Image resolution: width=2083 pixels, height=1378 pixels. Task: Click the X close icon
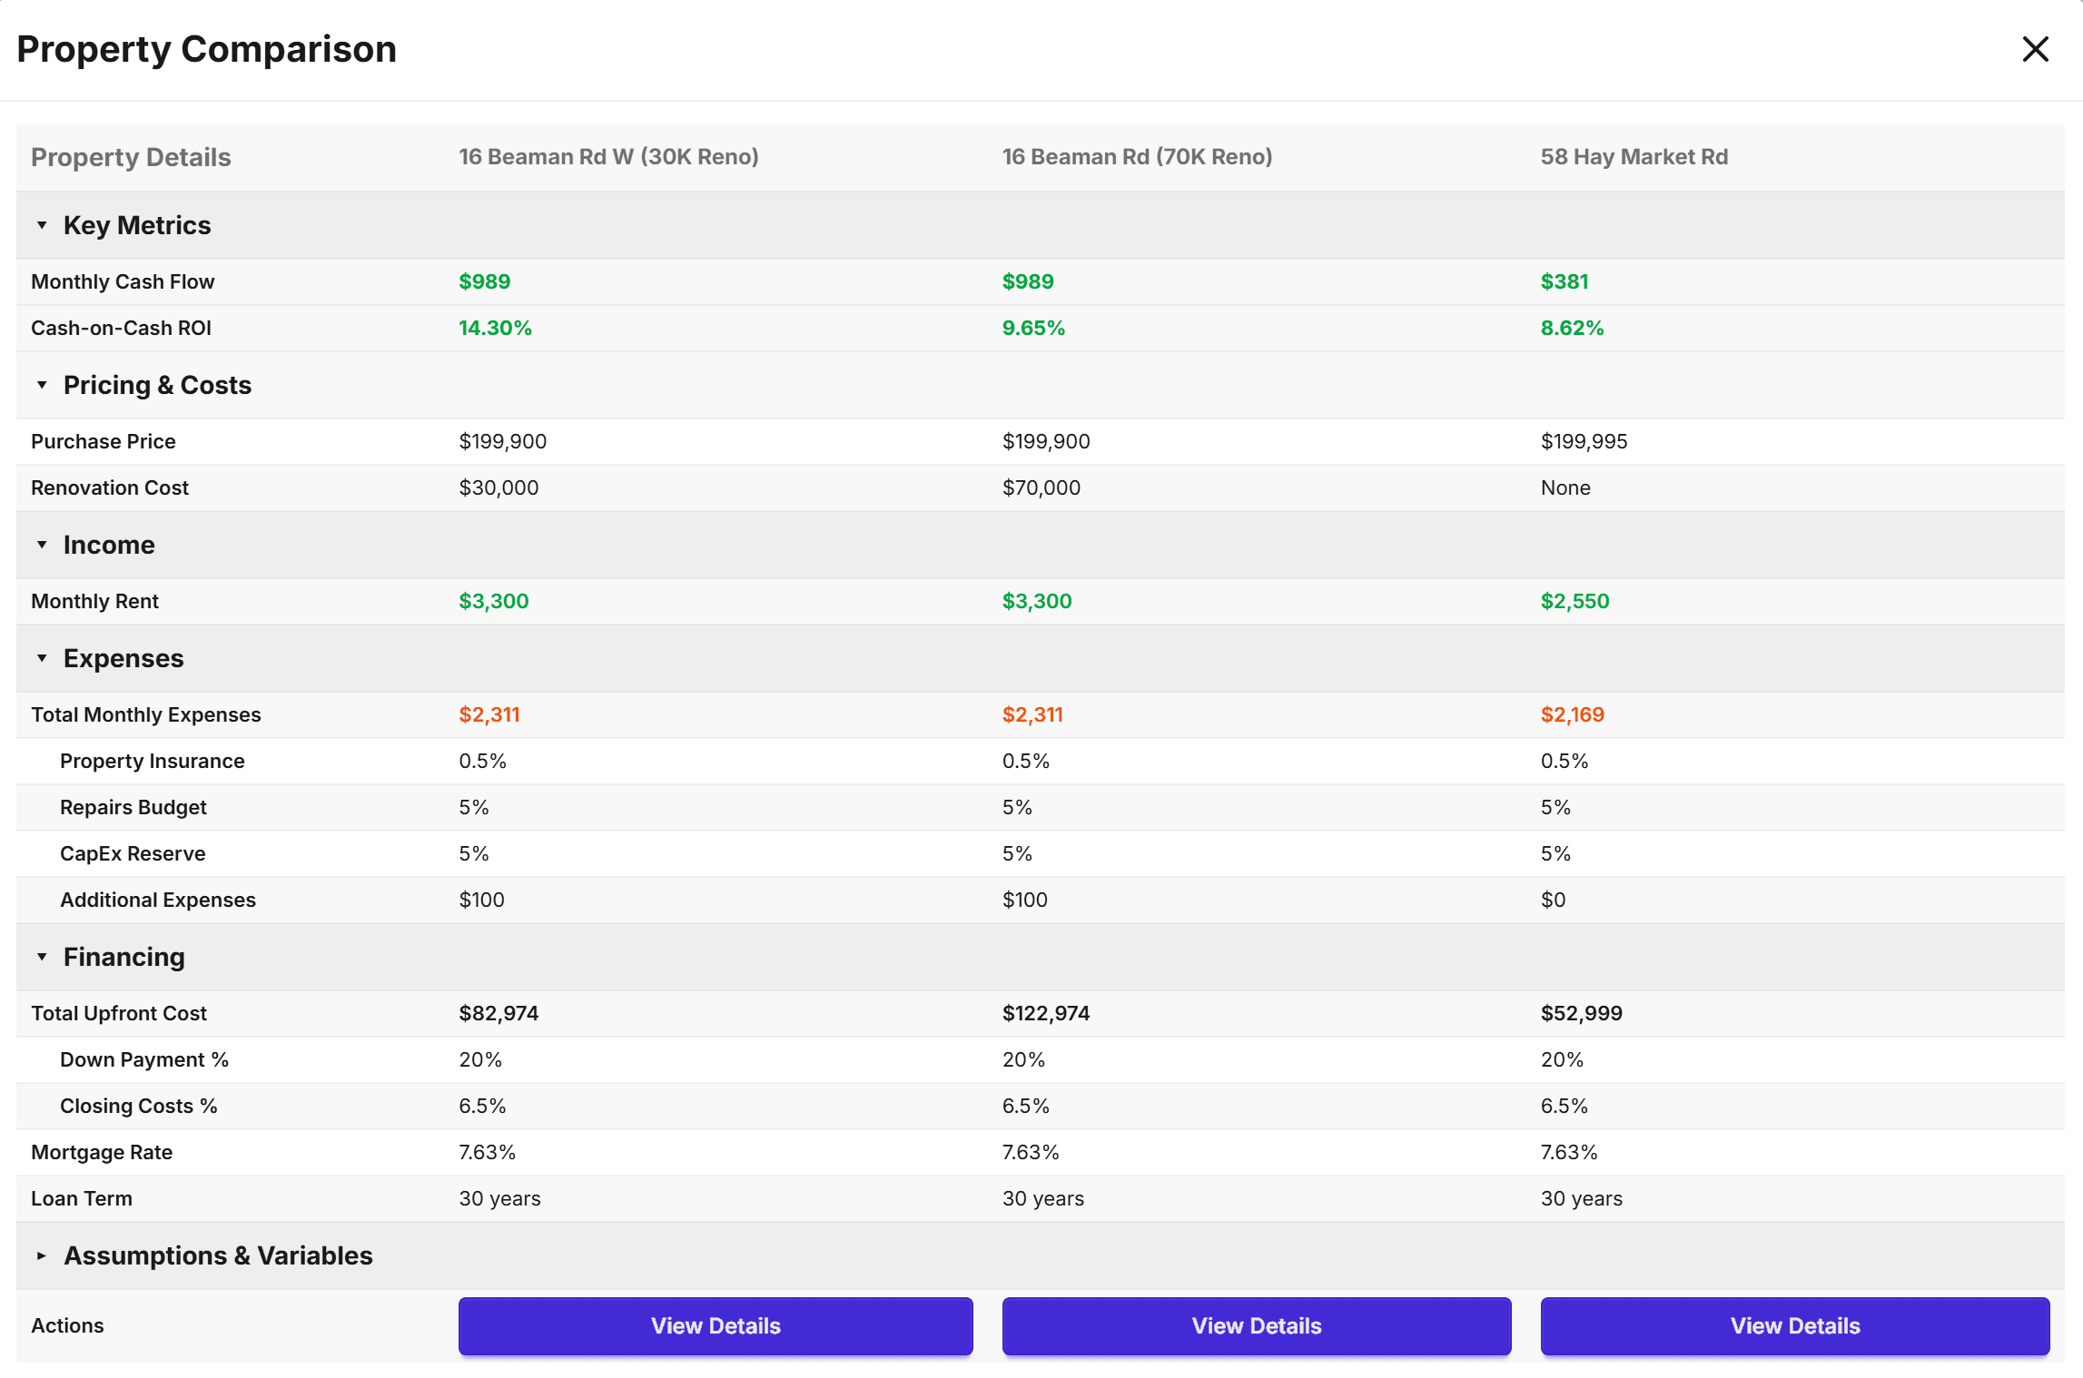click(2035, 49)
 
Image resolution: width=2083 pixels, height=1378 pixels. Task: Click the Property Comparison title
click(207, 49)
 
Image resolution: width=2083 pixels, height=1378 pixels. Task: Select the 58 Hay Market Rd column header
click(1634, 157)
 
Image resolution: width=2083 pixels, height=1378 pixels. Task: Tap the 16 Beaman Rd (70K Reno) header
click(1137, 157)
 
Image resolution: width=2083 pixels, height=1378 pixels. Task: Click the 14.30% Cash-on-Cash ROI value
click(495, 329)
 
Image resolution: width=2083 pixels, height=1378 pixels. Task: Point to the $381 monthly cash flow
click(1564, 282)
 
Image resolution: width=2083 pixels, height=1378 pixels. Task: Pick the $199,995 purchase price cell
click(1584, 442)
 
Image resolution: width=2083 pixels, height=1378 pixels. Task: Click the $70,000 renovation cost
click(1041, 488)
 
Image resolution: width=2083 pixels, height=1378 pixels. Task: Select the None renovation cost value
click(1565, 488)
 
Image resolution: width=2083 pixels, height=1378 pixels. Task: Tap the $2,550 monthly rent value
click(1575, 602)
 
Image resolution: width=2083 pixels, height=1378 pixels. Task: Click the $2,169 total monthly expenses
click(1572, 715)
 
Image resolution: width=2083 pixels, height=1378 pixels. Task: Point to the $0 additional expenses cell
click(1553, 901)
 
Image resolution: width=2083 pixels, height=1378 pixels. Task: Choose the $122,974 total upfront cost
click(1045, 1014)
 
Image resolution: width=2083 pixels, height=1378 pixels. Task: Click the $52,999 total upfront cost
click(1581, 1014)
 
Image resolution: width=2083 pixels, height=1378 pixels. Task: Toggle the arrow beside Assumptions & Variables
click(42, 1256)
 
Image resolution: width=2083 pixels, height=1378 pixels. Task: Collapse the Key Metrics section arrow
click(42, 226)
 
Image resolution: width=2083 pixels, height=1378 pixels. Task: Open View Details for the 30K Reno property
click(715, 1326)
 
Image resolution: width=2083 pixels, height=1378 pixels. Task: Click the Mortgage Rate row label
click(102, 1153)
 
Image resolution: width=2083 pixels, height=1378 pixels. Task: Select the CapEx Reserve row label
click(133, 854)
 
